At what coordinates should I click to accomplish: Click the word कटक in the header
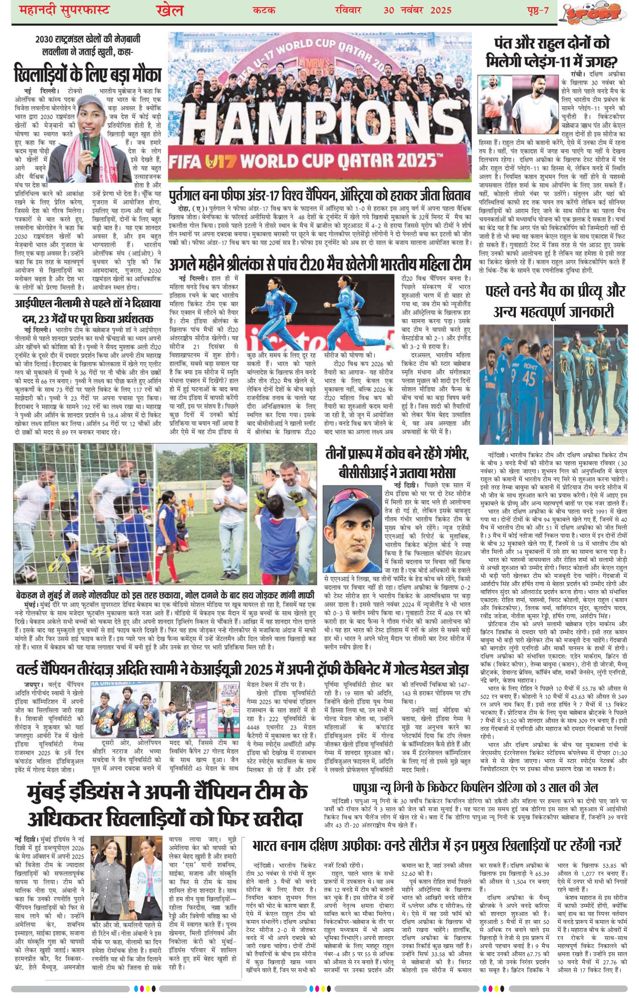coord(264,10)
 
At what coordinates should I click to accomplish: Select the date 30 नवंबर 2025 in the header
coord(417,10)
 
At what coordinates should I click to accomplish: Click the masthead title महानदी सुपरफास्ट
coord(65,10)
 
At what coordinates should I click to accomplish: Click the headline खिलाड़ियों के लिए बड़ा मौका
coord(87,74)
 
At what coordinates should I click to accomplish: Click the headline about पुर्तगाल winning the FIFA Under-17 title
coord(319,195)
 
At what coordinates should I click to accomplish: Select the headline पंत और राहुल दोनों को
coord(552,44)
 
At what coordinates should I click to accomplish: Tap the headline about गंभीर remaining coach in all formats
coord(397,463)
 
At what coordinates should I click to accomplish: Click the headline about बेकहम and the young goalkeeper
coord(165,594)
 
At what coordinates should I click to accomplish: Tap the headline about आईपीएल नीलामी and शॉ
coord(87,311)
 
